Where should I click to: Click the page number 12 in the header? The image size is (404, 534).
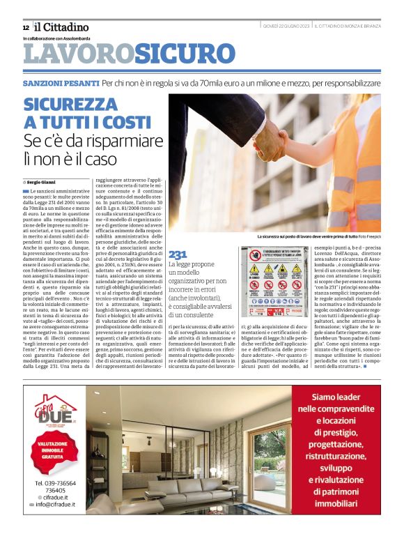click(x=26, y=27)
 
